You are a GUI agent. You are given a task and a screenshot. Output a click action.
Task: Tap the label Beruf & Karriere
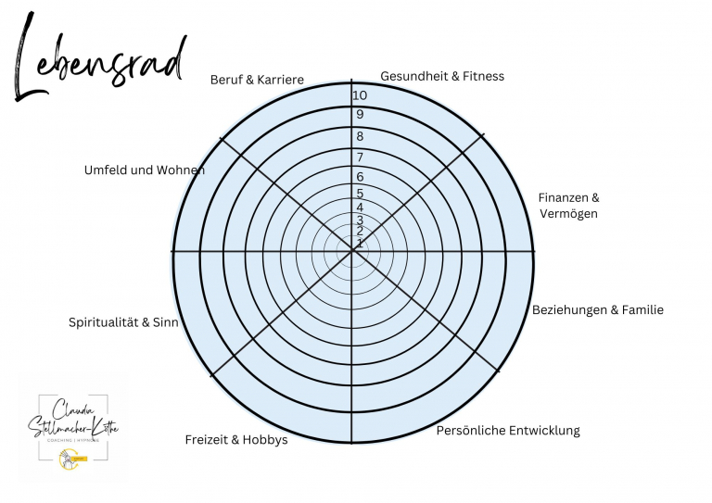[x=257, y=81]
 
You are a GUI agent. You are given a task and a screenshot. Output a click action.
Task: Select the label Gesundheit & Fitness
[x=442, y=76]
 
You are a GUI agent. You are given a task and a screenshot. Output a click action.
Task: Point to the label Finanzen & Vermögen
[x=568, y=206]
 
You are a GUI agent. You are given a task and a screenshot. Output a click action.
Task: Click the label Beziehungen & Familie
[x=597, y=310]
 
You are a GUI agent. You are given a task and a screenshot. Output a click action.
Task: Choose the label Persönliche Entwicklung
[x=507, y=431]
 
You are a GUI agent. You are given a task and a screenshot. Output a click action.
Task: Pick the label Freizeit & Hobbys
[x=236, y=440]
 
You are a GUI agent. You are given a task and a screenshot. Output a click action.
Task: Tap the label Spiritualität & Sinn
[x=123, y=322]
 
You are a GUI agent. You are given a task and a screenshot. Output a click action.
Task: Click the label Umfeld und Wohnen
[x=144, y=170]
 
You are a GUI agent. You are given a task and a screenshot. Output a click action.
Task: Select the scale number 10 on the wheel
[x=360, y=95]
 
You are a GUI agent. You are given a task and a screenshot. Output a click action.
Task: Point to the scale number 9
[x=360, y=115]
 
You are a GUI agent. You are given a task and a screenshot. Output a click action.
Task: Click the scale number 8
[x=360, y=136]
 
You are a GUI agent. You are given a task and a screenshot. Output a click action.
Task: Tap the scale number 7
[x=360, y=157]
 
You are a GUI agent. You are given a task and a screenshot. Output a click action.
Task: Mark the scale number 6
[x=360, y=176]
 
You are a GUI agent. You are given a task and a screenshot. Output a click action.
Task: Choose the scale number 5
[x=360, y=194]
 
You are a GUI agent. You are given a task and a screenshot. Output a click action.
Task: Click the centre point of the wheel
[x=355, y=250]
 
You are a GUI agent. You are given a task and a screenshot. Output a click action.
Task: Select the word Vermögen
[x=568, y=214]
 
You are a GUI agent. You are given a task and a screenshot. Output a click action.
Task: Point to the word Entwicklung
[x=542, y=431]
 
